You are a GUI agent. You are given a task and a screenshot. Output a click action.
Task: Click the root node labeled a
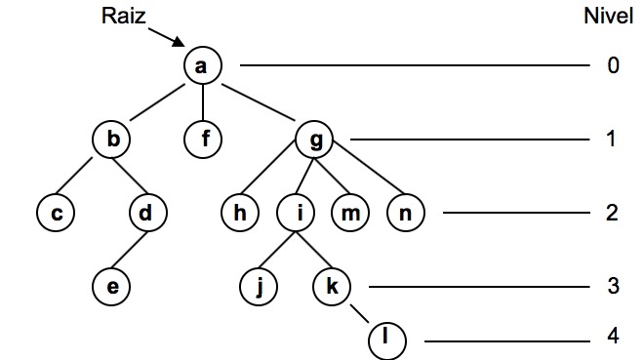click(203, 66)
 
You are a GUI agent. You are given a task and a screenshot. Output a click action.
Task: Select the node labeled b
click(112, 140)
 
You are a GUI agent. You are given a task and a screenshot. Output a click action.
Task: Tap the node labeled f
click(203, 140)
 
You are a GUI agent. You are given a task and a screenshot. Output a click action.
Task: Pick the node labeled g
click(314, 140)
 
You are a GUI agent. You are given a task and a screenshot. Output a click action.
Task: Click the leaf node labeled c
click(57, 213)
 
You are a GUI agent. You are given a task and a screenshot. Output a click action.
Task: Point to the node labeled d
click(147, 213)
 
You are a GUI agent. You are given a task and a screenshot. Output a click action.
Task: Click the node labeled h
click(240, 213)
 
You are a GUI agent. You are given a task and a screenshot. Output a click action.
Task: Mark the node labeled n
click(405, 213)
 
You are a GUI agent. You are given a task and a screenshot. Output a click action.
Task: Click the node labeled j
click(259, 286)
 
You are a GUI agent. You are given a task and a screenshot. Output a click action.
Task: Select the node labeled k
click(332, 286)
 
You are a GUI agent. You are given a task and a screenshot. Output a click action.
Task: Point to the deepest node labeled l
click(387, 340)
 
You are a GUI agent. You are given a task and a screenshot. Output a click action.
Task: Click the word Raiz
click(124, 16)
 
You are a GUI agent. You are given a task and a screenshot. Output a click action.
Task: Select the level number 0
click(612, 66)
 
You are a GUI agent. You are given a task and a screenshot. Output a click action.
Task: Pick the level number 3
click(612, 286)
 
